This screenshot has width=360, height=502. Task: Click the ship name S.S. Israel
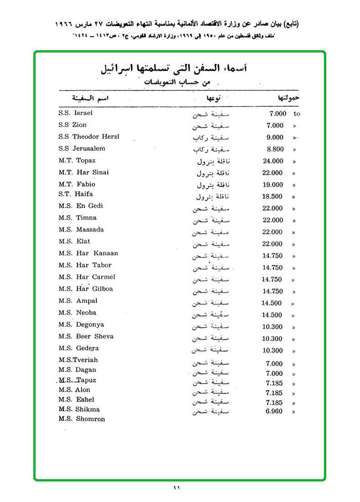coord(75,113)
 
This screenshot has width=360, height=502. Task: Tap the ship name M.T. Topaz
coord(77,161)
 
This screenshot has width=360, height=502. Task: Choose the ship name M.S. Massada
coord(81,230)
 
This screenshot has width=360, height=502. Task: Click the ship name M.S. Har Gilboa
coord(85,289)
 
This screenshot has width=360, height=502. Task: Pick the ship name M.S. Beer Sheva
coord(86,336)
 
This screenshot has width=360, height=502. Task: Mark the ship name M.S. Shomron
coord(82,419)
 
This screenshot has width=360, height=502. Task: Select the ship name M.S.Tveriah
coord(78,360)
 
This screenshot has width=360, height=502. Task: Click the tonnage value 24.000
coord(273,161)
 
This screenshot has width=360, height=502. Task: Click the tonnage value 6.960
coord(274,411)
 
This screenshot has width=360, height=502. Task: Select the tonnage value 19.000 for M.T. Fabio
coord(273,185)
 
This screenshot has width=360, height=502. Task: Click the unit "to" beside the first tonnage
coord(297,114)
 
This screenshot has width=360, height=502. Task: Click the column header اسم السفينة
coord(90,98)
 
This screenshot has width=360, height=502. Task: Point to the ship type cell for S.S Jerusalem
coord(210,149)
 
